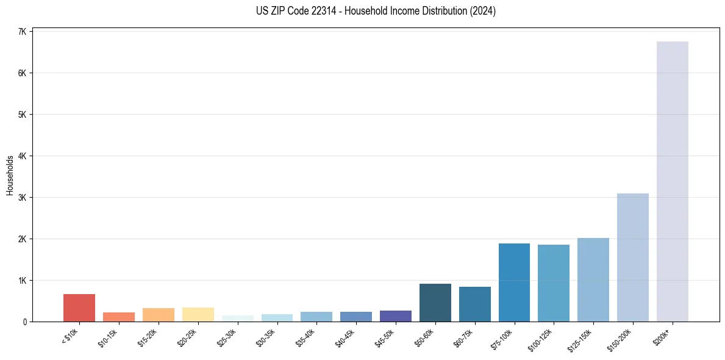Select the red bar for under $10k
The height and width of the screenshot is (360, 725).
[x=79, y=308]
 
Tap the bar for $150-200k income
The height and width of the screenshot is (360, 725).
[x=632, y=257]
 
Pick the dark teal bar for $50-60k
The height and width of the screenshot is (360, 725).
[x=435, y=303]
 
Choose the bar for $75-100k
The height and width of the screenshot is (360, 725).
[x=514, y=283]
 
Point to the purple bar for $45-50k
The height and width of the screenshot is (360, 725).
[x=395, y=316]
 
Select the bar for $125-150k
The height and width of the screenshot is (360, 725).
[x=593, y=279]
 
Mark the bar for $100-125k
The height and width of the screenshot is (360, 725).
[x=553, y=283]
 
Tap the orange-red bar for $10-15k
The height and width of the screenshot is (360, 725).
[x=119, y=317]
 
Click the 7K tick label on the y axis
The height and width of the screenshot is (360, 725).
[x=22, y=32]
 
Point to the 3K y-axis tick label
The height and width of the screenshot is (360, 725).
[x=22, y=198]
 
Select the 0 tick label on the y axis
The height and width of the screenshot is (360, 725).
[x=24, y=322]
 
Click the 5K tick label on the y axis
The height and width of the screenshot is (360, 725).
[x=22, y=115]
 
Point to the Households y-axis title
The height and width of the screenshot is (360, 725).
[x=10, y=175]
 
